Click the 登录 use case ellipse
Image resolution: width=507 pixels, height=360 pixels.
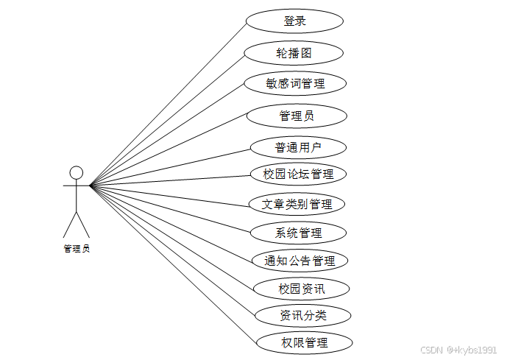(294, 21)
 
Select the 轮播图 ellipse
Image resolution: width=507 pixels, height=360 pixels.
(294, 53)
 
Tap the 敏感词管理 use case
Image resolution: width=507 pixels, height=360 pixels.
(295, 84)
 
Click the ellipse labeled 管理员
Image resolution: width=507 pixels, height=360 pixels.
(297, 116)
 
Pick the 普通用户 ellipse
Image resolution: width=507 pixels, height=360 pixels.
(298, 148)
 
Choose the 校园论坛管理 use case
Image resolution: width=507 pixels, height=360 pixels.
(298, 174)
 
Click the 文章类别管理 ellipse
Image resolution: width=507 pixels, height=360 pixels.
(297, 204)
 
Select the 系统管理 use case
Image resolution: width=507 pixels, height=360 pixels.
(298, 233)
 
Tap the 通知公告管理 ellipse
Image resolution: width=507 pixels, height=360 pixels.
(299, 261)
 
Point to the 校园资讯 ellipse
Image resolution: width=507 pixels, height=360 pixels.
(300, 289)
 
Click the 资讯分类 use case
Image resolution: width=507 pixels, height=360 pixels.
(302, 316)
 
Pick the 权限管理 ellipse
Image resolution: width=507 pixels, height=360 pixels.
(304, 342)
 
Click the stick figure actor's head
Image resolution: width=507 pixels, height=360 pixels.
(76, 172)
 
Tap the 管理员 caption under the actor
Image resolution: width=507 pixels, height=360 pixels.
(77, 249)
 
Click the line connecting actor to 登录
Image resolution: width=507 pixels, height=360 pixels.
(168, 103)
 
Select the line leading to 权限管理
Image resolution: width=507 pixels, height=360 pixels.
(174, 264)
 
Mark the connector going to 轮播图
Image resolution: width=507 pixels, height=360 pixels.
(168, 119)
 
